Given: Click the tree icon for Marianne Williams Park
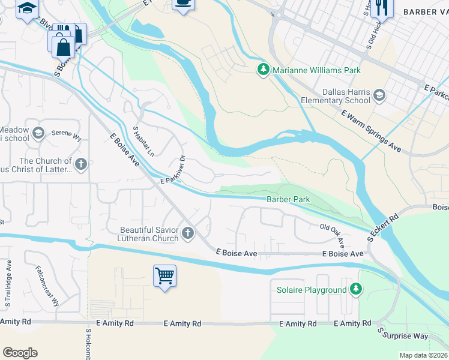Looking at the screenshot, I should point(263,70).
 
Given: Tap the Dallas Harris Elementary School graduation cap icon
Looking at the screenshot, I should point(379,95).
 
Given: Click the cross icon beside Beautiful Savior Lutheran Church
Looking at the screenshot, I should point(188,233).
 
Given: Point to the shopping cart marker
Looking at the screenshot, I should point(164,276).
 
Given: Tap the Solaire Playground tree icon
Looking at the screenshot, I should point(356,290).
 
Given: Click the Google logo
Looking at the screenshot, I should point(20,352).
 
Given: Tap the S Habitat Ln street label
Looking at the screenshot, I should point(143,141).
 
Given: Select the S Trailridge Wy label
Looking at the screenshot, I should point(9,284).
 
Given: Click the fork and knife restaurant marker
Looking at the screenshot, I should point(380,8).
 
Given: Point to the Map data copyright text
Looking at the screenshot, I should point(423,355).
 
